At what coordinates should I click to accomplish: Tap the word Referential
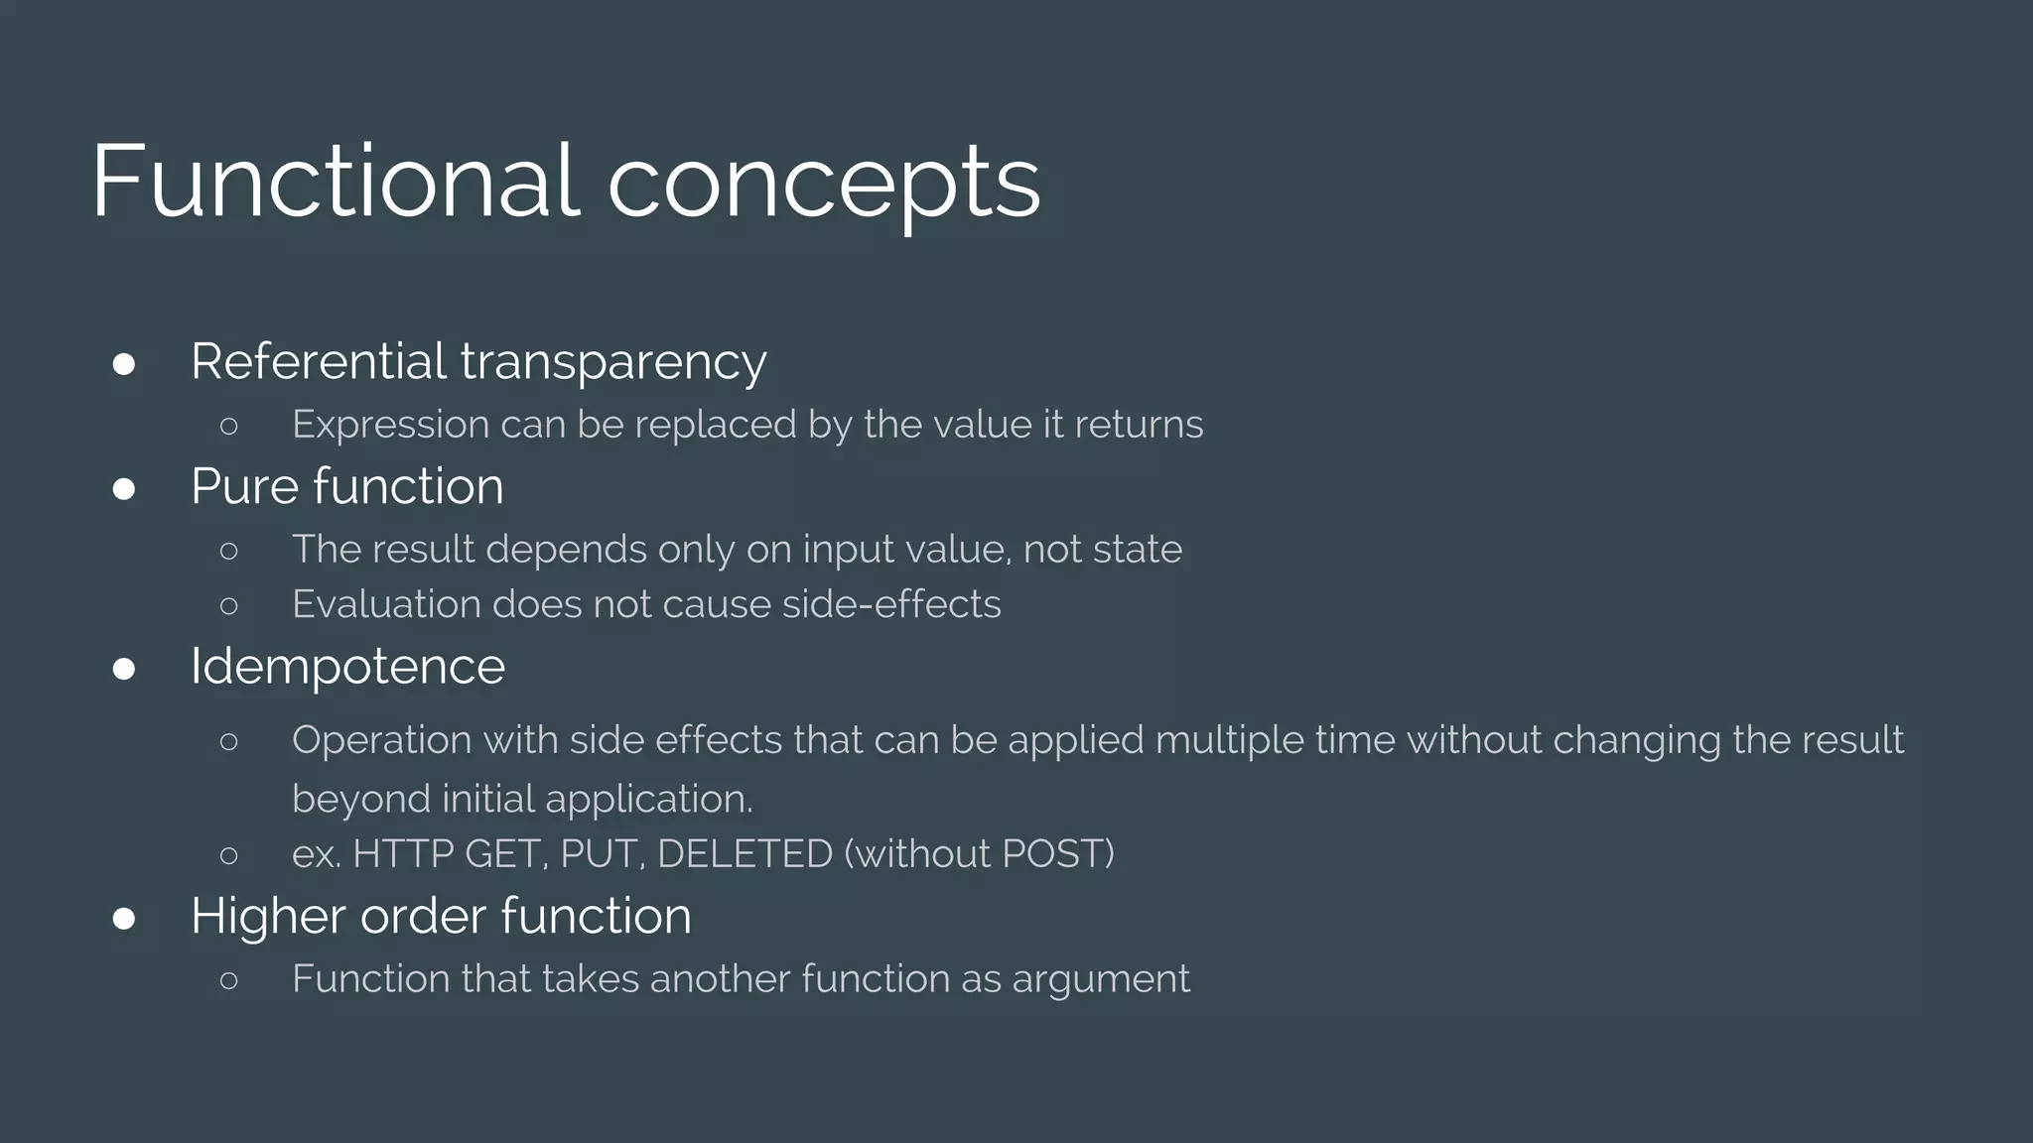pyautogui.click(x=318, y=361)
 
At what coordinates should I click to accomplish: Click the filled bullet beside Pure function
pyautogui.click(x=124, y=489)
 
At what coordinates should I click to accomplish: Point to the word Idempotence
pyautogui.click(x=347, y=666)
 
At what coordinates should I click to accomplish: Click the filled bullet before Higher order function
pyautogui.click(x=124, y=919)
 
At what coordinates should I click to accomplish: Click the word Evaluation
pyautogui.click(x=386, y=604)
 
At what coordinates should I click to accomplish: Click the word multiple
pyautogui.click(x=1229, y=741)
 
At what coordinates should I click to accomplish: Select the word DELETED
pyautogui.click(x=745, y=854)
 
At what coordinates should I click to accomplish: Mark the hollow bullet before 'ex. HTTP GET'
pyautogui.click(x=229, y=855)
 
